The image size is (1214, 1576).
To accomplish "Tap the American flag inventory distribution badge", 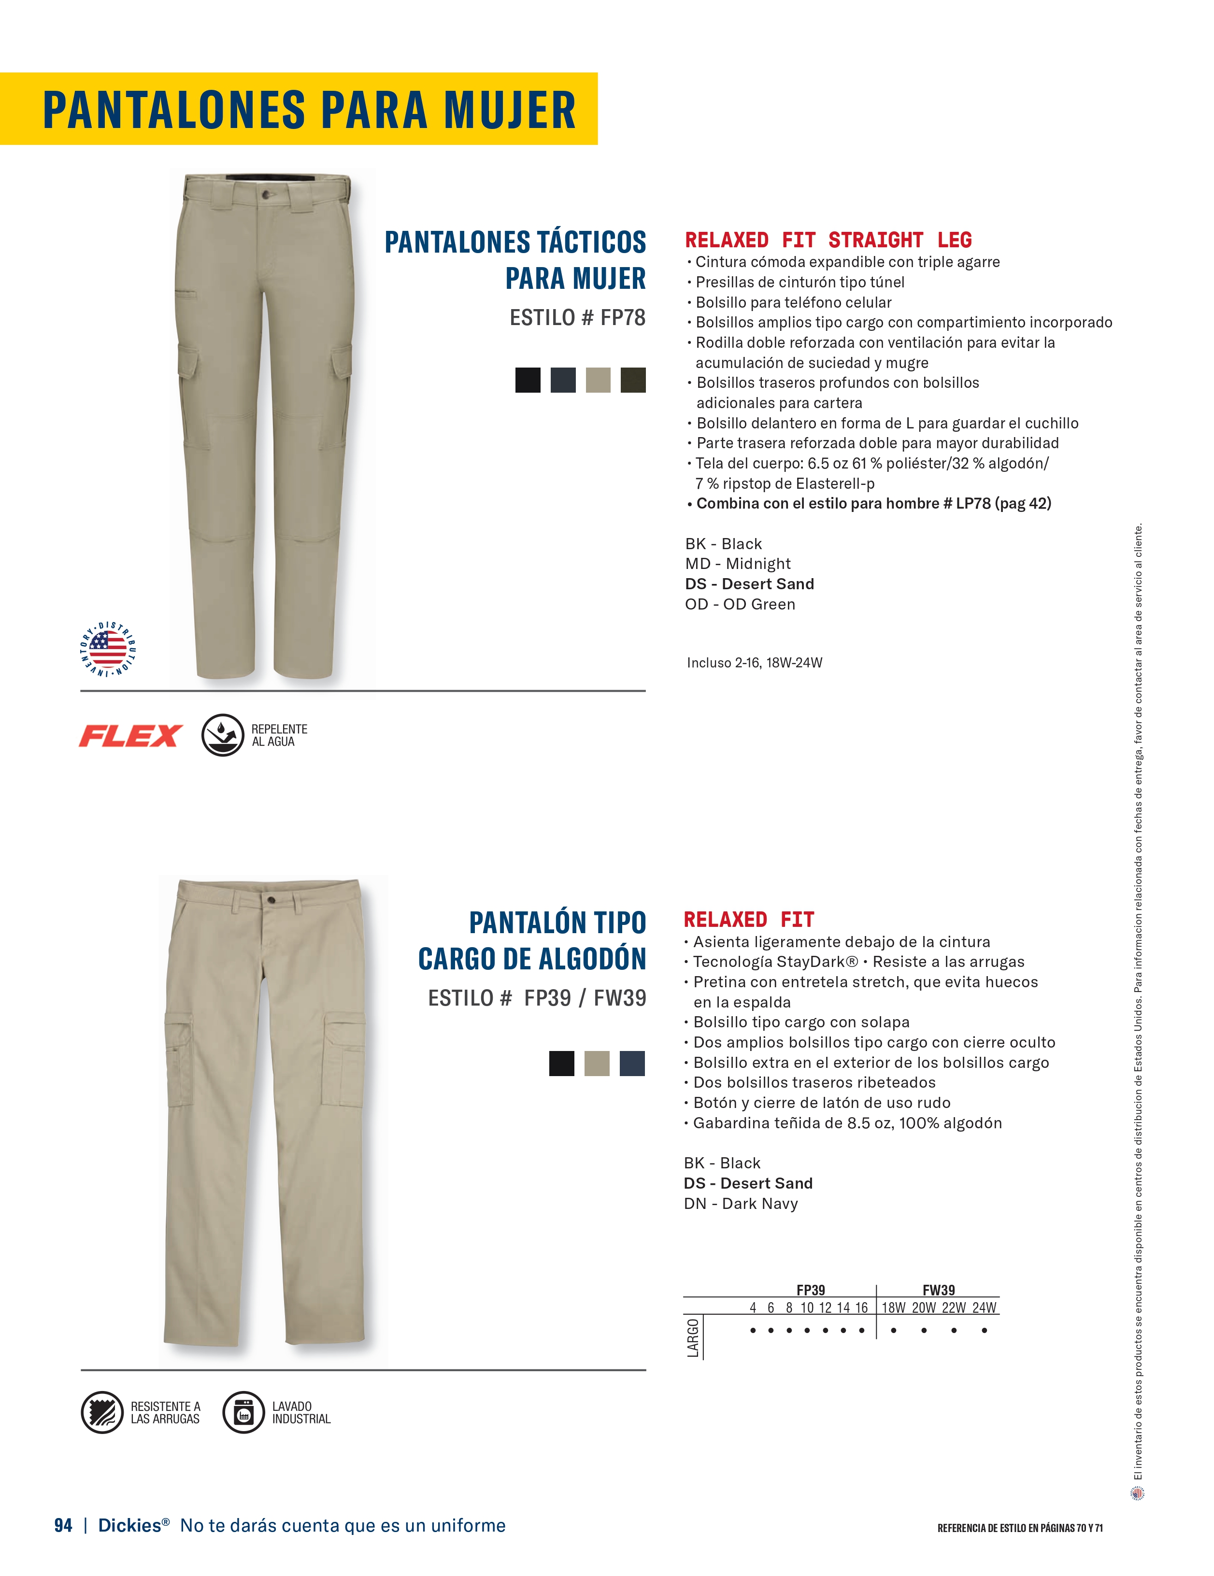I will point(108,649).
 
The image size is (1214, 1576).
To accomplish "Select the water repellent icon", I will point(222,735).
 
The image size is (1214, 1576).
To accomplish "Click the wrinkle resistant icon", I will point(102,1412).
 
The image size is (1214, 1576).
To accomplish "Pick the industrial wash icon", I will point(243,1412).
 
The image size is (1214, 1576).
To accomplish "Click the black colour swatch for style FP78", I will point(528,380).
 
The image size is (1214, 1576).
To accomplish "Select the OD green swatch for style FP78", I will point(633,380).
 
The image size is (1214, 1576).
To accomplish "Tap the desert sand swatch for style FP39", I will point(597,1064).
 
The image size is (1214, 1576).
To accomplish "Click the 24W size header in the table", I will point(984,1307).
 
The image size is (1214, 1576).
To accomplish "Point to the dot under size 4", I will point(753,1330).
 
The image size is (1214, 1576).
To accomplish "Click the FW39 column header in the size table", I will point(938,1290).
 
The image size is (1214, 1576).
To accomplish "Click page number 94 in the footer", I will point(63,1525).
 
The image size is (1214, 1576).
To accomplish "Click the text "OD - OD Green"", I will point(740,604).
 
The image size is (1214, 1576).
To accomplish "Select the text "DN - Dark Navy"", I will point(741,1203).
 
